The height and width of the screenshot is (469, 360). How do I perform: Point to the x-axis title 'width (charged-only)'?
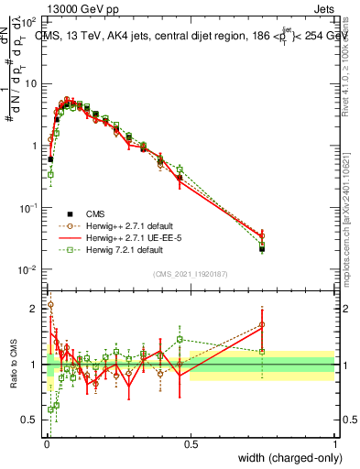[285, 458]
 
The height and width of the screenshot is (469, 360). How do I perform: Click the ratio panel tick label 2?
[35, 309]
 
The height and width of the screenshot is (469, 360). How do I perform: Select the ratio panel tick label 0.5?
[31, 420]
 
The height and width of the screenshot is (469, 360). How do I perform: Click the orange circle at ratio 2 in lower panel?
[50, 305]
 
